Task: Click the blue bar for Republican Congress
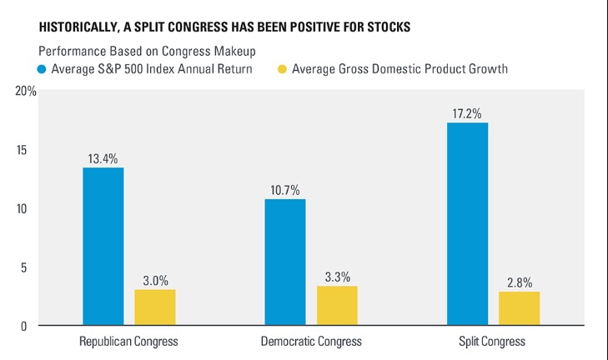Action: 103,246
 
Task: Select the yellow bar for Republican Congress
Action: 155,307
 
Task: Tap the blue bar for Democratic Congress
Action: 285,262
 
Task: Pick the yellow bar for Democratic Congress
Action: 337,305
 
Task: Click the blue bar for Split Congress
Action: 468,223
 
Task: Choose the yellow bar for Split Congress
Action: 520,307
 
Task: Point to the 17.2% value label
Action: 468,112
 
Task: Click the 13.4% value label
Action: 103,157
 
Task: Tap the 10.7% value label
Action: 285,188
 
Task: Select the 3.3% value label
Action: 337,275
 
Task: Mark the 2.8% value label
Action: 520,281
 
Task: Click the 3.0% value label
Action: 155,278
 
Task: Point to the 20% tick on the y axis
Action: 26,91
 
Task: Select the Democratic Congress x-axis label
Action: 310,342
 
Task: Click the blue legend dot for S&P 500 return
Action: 43,68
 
